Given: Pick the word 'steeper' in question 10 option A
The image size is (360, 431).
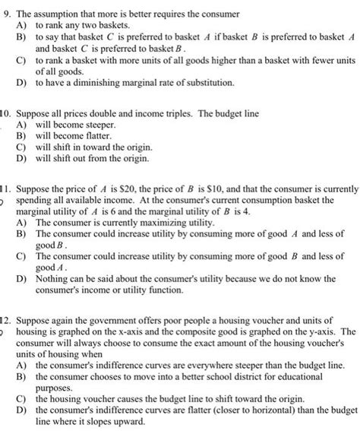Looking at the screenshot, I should pyautogui.click(x=98, y=123).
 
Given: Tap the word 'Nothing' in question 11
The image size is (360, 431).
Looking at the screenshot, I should pyautogui.click(x=53, y=279).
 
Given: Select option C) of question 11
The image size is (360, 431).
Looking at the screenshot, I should pyautogui.click(x=21, y=256).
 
